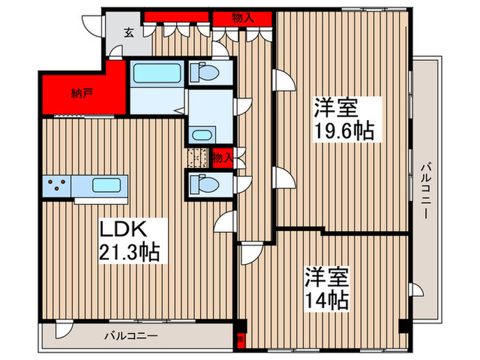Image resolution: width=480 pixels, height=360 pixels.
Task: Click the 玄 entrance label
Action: (129, 32)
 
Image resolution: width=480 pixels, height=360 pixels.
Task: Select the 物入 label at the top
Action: (243, 18)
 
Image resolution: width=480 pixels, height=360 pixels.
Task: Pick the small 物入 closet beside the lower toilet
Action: (221, 158)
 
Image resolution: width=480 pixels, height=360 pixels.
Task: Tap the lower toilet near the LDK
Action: (204, 184)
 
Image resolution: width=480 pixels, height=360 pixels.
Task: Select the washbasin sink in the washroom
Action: (202, 134)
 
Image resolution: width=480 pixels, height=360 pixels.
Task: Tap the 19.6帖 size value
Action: (344, 130)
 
